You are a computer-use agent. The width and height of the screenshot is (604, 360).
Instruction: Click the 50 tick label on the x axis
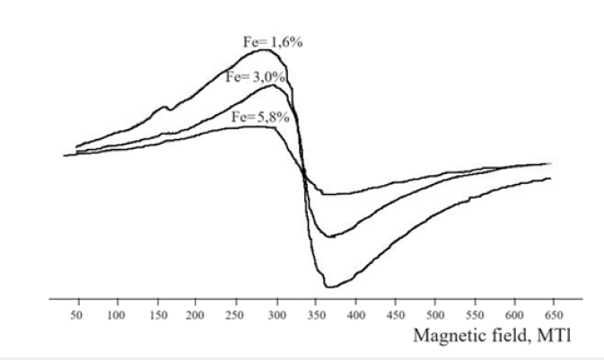(x=77, y=316)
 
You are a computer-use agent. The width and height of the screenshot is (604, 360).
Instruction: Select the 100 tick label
(x=117, y=316)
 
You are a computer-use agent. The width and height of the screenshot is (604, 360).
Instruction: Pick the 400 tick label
(x=356, y=316)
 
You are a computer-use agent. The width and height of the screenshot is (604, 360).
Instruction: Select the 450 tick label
(x=397, y=316)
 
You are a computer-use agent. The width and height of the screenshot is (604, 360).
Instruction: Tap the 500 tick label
(x=436, y=316)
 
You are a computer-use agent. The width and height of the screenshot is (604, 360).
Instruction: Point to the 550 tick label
(x=477, y=316)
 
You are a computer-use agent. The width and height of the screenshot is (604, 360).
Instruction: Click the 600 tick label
(x=516, y=316)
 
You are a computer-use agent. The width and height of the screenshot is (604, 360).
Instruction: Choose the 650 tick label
(x=556, y=316)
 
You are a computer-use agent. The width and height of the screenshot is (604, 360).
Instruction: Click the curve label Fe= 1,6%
(x=273, y=41)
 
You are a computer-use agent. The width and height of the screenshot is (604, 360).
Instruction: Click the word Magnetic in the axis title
(x=444, y=337)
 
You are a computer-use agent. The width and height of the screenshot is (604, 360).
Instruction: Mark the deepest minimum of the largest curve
(x=329, y=286)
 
